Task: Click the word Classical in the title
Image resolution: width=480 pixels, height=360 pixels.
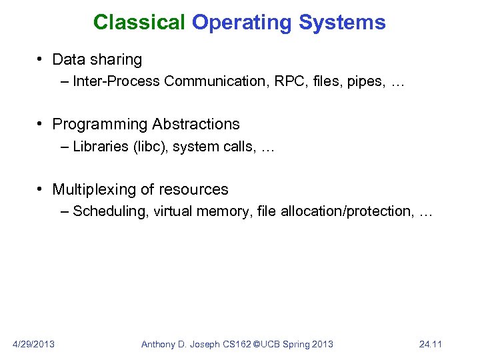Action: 139,23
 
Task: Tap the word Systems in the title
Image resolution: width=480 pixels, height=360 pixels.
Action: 342,23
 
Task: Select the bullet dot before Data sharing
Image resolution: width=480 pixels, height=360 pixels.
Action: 41,60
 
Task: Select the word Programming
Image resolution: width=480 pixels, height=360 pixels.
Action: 99,125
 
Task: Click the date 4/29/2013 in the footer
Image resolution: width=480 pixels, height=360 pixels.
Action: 33,344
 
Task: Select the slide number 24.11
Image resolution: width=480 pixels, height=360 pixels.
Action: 431,344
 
